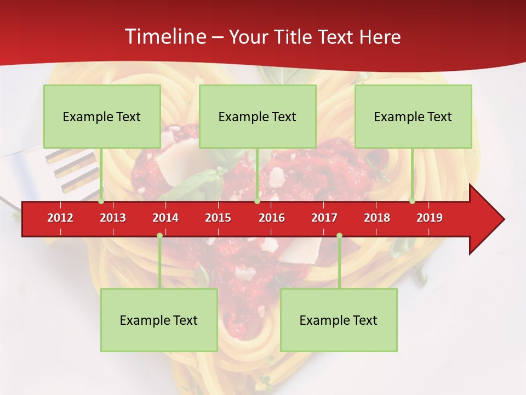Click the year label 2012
(60, 218)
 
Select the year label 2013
(113, 218)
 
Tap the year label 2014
(165, 218)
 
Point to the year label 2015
(218, 218)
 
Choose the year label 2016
(272, 218)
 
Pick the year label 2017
(324, 218)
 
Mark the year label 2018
(377, 218)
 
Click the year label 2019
(430, 218)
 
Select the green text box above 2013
(102, 116)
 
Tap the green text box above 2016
(258, 116)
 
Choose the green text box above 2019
(413, 116)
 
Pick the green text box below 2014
(159, 320)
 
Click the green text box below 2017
(339, 320)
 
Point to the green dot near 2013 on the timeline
(101, 201)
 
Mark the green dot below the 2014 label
(159, 235)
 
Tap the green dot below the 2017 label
(339, 235)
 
